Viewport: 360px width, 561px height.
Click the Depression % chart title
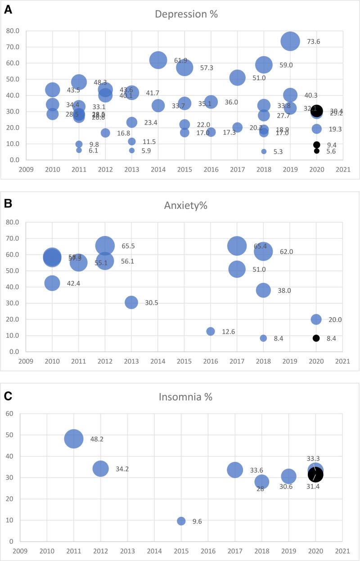[x=186, y=14]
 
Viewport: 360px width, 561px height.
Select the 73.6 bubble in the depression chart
[x=290, y=41]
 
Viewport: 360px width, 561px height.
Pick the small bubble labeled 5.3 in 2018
[x=264, y=152]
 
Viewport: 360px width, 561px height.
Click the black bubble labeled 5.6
[x=317, y=151]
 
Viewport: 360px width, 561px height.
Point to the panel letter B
[x=8, y=203]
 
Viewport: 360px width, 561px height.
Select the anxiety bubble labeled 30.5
[x=131, y=302]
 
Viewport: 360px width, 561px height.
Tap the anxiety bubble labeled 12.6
[x=211, y=331]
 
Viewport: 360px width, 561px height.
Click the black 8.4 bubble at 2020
[x=316, y=338]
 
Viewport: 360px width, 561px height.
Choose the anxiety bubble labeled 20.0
[x=316, y=319]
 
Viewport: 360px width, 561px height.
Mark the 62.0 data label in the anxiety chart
[x=286, y=252]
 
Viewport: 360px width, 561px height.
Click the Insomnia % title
[x=185, y=397]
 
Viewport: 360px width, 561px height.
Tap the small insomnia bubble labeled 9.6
[x=181, y=521]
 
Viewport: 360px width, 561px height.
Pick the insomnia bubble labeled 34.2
[x=101, y=469]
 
